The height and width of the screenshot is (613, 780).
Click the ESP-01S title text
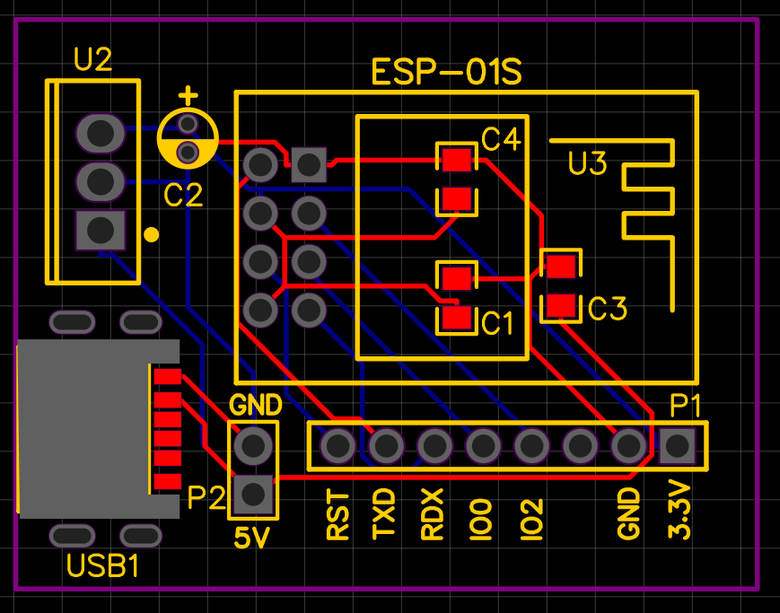[x=446, y=72]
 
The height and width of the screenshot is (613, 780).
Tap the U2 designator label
[x=92, y=61]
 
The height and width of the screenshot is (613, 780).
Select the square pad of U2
[x=100, y=231]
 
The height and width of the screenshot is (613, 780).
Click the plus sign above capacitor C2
[x=188, y=94]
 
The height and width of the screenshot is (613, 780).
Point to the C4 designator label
[x=500, y=140]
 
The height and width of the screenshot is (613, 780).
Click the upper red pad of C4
[x=456, y=160]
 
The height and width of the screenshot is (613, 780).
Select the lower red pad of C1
[x=456, y=317]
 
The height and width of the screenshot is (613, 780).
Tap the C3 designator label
[x=608, y=309]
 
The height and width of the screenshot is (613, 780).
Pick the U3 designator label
[x=587, y=164]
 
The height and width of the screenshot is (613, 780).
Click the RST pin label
[x=337, y=515]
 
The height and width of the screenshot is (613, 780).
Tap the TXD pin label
[x=385, y=513]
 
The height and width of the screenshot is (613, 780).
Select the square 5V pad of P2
[x=253, y=493]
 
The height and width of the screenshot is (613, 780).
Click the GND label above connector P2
[x=256, y=405]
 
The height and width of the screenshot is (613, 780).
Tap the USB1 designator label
[x=102, y=567]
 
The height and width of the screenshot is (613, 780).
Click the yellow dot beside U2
[x=152, y=235]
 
